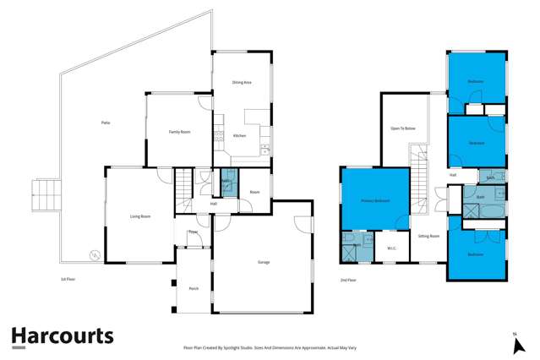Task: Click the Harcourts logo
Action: [x=63, y=336]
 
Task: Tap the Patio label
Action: [x=106, y=123]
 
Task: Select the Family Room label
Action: [x=179, y=131]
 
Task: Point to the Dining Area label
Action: [x=242, y=83]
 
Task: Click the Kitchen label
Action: [x=239, y=135]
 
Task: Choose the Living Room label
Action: [x=140, y=216]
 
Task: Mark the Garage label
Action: [x=263, y=263]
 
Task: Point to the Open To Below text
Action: [x=402, y=128]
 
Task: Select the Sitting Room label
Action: [x=428, y=236]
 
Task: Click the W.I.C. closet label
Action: [x=391, y=248]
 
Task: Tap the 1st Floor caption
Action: [x=67, y=278]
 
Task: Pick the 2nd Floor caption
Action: [x=347, y=279]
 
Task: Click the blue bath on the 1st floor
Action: [x=226, y=183]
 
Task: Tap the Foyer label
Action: [x=193, y=231]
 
